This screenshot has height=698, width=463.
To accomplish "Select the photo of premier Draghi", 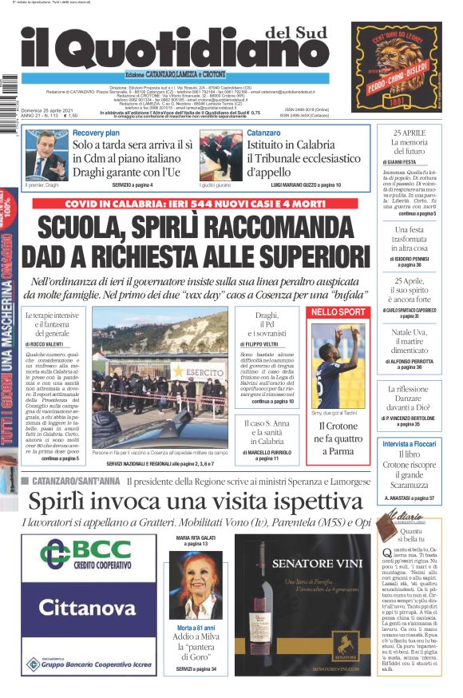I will [46, 153].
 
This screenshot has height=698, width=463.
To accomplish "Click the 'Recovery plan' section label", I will [96, 133].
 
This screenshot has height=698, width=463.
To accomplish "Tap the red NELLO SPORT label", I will [338, 311].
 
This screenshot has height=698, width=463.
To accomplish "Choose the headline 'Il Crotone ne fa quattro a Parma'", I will [338, 439].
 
